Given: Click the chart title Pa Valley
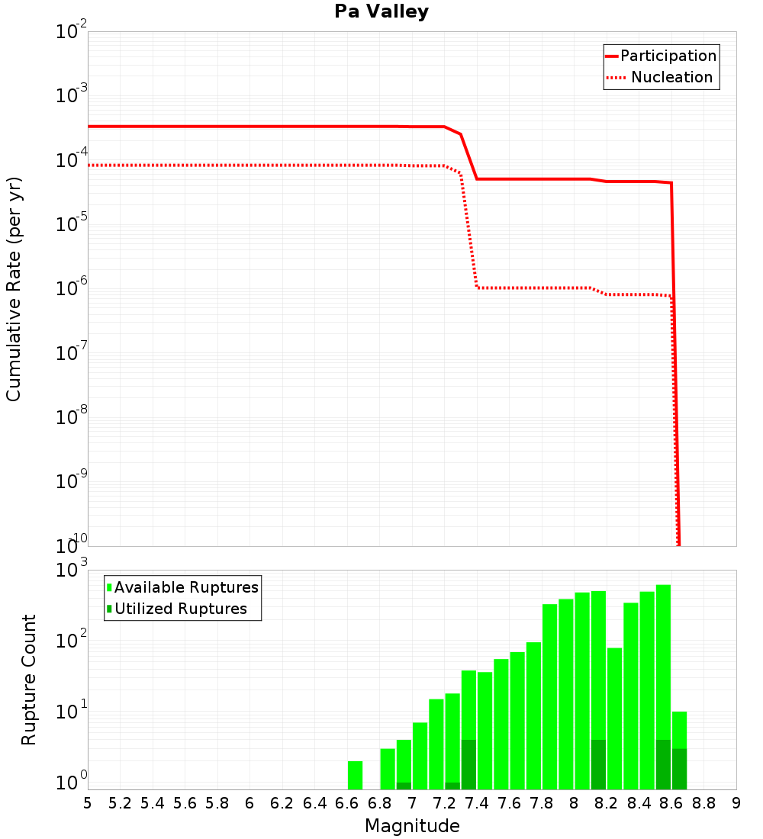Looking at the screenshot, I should [x=381, y=11].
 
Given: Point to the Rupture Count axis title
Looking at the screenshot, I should [x=29, y=680].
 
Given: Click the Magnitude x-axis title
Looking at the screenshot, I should [x=412, y=826].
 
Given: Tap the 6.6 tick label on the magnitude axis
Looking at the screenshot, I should [x=347, y=803].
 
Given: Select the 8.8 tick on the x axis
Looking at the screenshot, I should [x=703, y=803].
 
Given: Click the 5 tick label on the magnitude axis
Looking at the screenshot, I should [x=88, y=803].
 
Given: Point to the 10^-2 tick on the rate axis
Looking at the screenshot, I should [x=72, y=32].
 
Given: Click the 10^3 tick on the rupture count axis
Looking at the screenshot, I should [x=72, y=570].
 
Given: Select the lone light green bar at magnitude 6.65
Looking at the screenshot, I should [x=355, y=775].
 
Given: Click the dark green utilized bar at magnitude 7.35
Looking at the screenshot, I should [x=468, y=764].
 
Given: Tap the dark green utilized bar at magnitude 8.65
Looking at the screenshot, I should [x=679, y=769].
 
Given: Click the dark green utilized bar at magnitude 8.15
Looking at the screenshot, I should [x=598, y=764].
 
